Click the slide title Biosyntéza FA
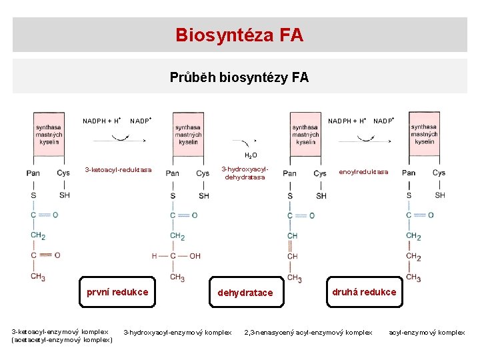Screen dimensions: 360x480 click(x=239, y=35)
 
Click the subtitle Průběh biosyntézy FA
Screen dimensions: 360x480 click(x=239, y=77)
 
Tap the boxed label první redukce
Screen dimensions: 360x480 click(x=117, y=292)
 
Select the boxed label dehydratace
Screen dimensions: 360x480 click(x=245, y=293)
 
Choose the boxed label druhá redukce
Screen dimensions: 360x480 click(x=364, y=292)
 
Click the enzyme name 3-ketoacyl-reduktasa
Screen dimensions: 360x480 click(x=118, y=170)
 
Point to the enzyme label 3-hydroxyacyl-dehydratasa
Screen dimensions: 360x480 click(x=245, y=173)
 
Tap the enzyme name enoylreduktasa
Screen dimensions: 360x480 click(x=363, y=172)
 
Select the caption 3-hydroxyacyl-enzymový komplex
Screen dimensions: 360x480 click(x=178, y=332)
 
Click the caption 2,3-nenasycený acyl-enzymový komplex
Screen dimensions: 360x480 click(x=309, y=332)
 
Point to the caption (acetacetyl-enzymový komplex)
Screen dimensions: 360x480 click(x=62, y=340)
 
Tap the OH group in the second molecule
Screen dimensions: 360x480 click(x=195, y=256)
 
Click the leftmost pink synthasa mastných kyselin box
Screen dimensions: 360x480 click(x=49, y=133)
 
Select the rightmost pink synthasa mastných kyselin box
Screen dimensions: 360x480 click(x=423, y=133)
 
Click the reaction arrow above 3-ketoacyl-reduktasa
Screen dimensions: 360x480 click(x=120, y=139)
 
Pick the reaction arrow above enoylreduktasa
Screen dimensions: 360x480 click(x=365, y=139)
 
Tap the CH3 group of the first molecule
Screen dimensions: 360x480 click(x=37, y=276)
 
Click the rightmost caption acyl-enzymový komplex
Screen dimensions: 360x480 click(x=427, y=332)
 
